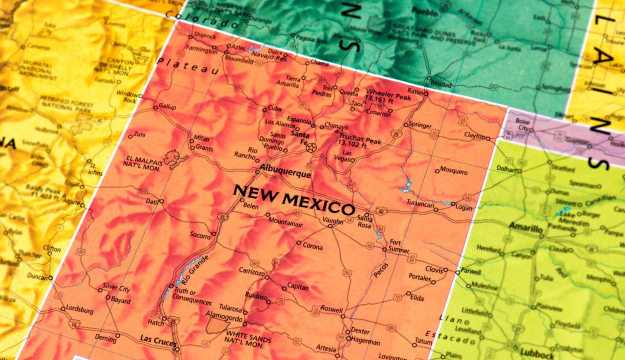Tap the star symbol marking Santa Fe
311,148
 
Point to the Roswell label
332,308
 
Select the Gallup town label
167,107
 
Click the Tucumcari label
420,203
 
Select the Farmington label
202,51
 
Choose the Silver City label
116,287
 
